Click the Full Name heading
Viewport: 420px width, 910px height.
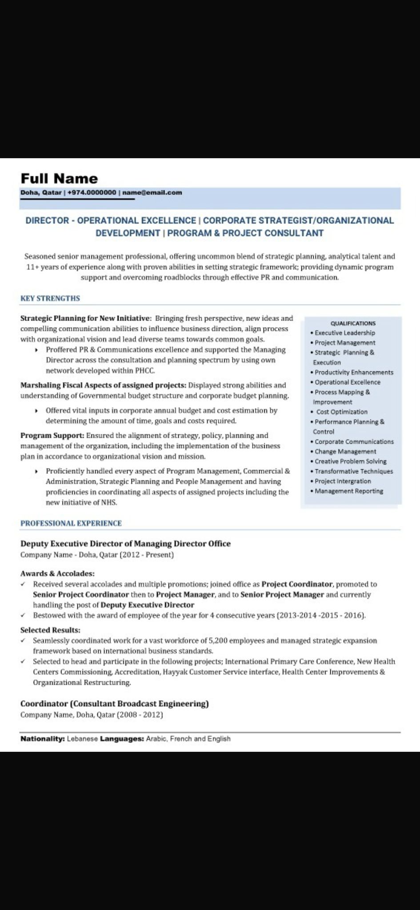pos(59,179)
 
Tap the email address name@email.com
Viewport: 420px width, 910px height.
pos(152,192)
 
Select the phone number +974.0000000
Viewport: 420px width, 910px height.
pos(92,192)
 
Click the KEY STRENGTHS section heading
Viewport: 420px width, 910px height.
pos(50,298)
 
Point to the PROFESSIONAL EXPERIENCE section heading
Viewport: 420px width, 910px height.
pos(71,523)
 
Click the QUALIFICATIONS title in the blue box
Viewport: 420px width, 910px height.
pos(353,323)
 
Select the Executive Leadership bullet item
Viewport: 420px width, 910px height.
pos(344,333)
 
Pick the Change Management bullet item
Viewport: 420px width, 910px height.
pos(345,451)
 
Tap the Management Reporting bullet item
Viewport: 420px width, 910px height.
pos(348,491)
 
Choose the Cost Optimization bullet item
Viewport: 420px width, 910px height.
pos(341,412)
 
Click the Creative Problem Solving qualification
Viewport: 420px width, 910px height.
pos(350,461)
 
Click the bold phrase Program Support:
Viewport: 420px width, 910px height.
pos(52,435)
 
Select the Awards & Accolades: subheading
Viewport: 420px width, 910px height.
pos(57,574)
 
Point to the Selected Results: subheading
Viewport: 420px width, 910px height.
pos(50,630)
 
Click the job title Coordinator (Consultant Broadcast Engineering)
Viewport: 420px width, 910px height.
pos(115,703)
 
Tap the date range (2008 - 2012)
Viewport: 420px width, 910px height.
pos(140,714)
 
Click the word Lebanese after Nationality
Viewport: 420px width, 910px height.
pos(82,738)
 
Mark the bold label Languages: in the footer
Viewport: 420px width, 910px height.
pos(122,738)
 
